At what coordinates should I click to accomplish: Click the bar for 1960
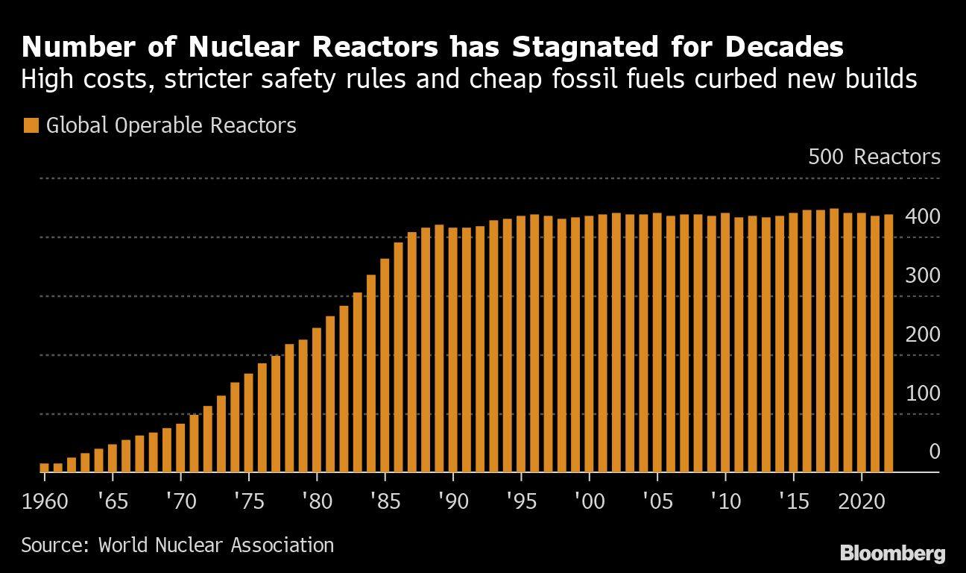point(44,468)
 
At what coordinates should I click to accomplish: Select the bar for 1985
point(385,366)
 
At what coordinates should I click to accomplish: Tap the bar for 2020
point(862,342)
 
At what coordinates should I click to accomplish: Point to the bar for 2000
point(589,344)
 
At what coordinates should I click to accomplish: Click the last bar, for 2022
point(888,343)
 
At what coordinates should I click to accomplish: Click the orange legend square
point(31,125)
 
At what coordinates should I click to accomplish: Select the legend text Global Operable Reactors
point(171,125)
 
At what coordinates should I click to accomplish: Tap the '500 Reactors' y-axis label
point(874,157)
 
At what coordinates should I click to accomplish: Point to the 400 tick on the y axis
point(922,217)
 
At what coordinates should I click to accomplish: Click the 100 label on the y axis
point(922,393)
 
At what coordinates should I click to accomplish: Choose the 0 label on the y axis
point(933,452)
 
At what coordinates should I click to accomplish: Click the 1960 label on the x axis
point(44,500)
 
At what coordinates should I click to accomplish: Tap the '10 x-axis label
point(725,500)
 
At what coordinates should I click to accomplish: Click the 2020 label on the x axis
point(862,500)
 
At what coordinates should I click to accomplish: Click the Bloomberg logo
point(892,553)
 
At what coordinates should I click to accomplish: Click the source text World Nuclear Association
point(216,545)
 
